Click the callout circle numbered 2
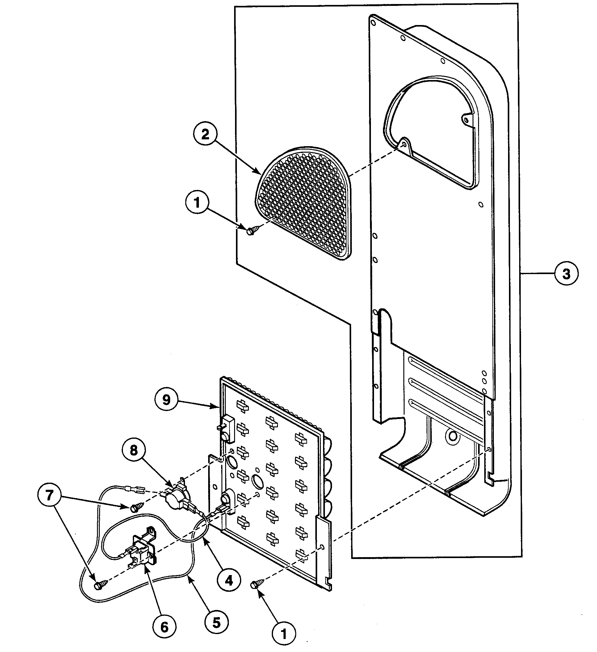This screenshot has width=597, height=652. [205, 134]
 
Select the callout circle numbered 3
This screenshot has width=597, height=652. [566, 274]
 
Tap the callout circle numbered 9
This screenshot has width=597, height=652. [166, 400]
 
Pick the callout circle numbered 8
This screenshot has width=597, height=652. [134, 451]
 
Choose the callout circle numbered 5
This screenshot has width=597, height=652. [216, 622]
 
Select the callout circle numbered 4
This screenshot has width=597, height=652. [229, 581]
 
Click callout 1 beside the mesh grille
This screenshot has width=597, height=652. [197, 202]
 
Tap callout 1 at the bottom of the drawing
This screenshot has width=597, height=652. [284, 634]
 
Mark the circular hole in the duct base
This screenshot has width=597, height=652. [453, 436]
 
